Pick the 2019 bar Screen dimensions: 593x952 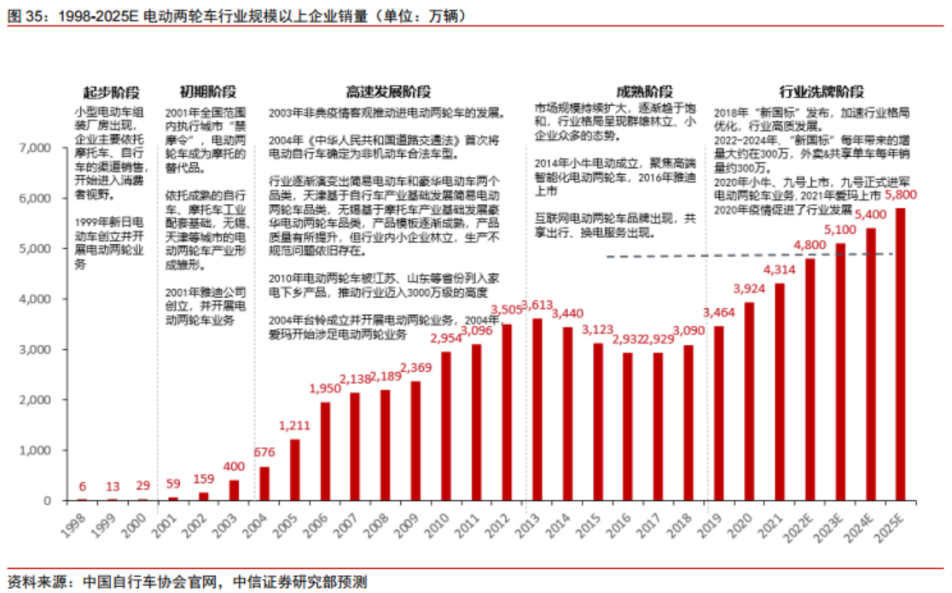[718, 413]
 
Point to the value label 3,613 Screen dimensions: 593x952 [537, 305]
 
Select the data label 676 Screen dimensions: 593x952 [264, 452]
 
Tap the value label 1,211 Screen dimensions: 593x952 [294, 424]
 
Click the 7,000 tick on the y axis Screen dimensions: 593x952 [36, 148]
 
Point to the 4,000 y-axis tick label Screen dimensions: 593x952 [36, 299]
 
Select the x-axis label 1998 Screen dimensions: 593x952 [75, 524]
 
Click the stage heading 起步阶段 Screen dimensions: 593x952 [112, 92]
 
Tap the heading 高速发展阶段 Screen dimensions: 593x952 [387, 92]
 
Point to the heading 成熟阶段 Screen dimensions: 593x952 [644, 92]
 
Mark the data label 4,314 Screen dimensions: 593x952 [779, 270]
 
